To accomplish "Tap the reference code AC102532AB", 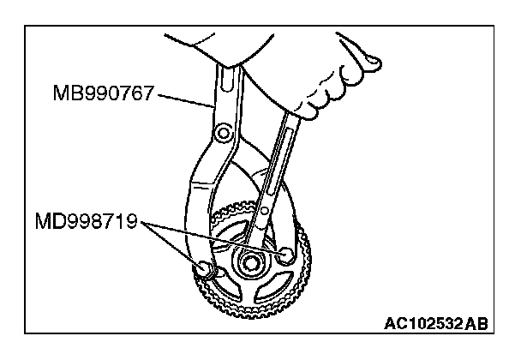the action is click(438, 325).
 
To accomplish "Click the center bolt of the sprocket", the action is click(251, 262).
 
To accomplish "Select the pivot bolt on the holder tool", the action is click(224, 132).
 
